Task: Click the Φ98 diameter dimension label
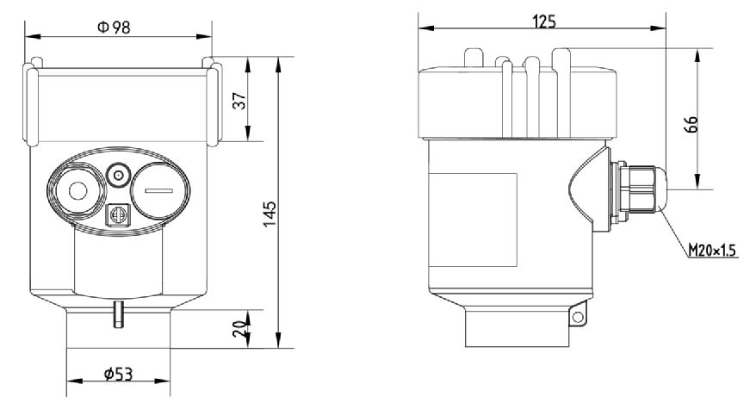pos(115,27)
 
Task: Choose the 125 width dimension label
pos(543,22)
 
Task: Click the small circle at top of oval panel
pos(117,176)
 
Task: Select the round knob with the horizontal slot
pos(161,189)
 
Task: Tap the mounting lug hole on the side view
pos(576,319)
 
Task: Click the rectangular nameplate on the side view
pos(473,219)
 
